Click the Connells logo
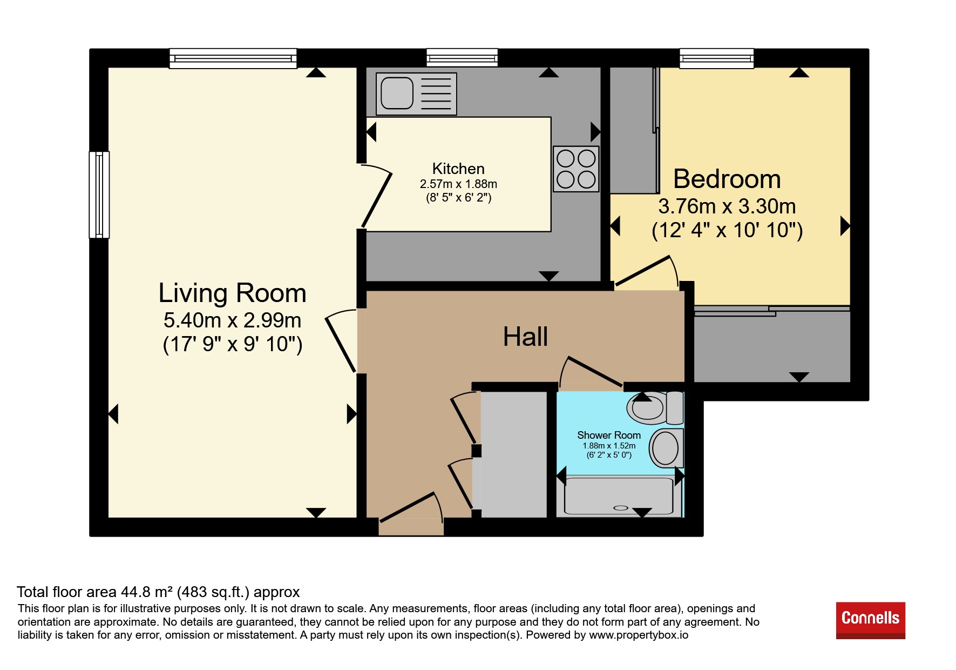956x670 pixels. tap(870, 620)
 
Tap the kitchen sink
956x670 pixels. tap(416, 94)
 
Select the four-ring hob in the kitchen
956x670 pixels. tap(576, 169)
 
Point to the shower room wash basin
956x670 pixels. tap(666, 448)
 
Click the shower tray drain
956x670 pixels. tap(621, 508)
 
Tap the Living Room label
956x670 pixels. tap(232, 293)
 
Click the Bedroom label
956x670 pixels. tap(727, 179)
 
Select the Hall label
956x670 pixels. tap(525, 337)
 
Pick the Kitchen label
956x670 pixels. tap(458, 169)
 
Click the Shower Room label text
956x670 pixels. tap(609, 435)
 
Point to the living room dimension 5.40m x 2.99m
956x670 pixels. tap(232, 320)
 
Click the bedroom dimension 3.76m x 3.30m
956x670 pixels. tap(727, 206)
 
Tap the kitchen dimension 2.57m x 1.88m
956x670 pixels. tap(458, 184)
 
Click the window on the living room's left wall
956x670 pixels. tap(99, 195)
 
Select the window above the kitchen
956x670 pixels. tap(462, 57)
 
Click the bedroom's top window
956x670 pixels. tap(716, 58)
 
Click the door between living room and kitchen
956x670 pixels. tap(376, 196)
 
